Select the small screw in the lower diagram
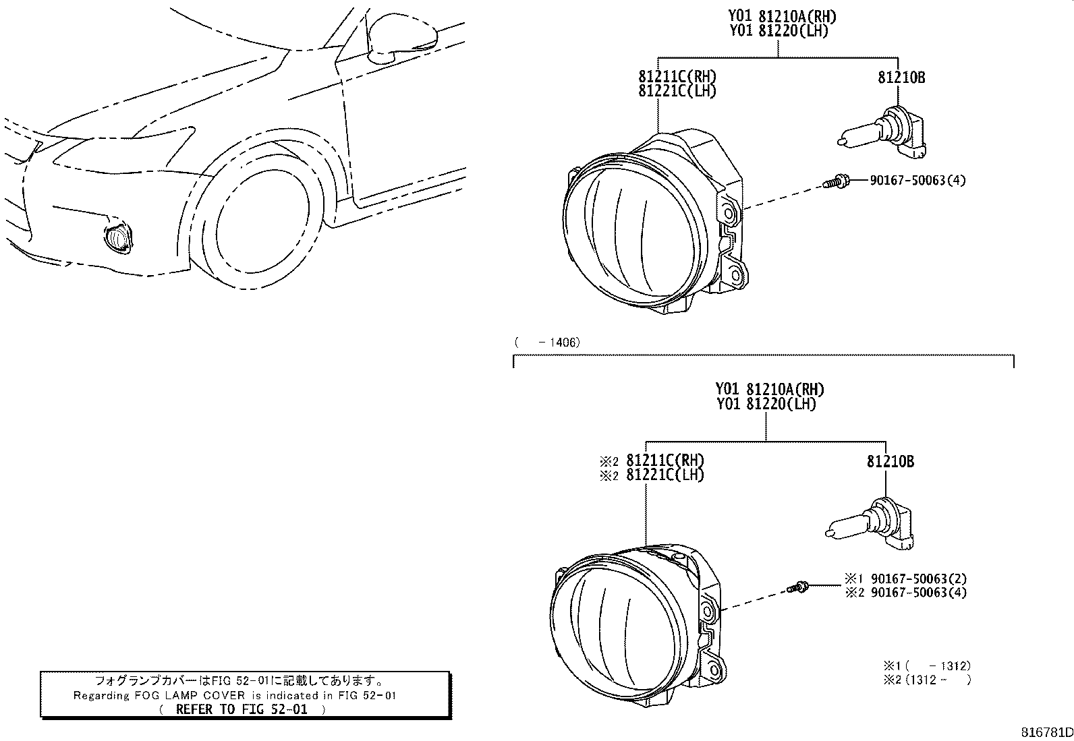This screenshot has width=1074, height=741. [x=797, y=587]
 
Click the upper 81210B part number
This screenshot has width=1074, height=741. [x=901, y=78]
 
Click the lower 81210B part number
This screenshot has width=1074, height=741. [x=890, y=462]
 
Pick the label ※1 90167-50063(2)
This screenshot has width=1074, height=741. [x=906, y=579]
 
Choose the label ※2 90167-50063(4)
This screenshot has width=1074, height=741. [x=906, y=593]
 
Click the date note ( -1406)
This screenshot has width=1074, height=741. [x=547, y=343]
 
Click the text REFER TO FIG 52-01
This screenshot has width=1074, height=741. [x=242, y=709]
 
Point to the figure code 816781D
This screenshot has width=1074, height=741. [x=1046, y=732]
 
